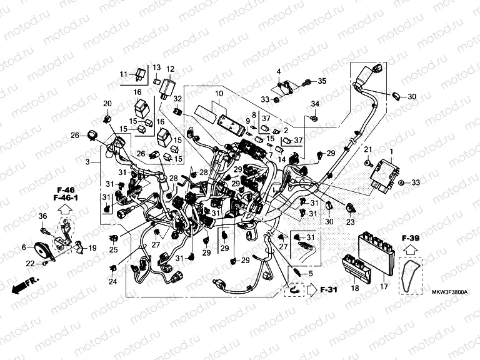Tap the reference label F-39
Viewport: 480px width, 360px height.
[x=410, y=238]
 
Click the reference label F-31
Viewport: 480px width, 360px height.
[x=328, y=289]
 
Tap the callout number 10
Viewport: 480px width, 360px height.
[x=219, y=94]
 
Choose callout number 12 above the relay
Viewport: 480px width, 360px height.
[x=170, y=69]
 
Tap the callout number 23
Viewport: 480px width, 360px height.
[x=350, y=221]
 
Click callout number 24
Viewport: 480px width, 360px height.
[x=112, y=282]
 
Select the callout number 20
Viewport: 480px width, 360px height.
[x=107, y=103]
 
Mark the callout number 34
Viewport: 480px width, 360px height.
[x=316, y=103]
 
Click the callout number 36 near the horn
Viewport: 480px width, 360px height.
[x=43, y=216]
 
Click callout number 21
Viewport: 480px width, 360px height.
[x=368, y=148]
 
